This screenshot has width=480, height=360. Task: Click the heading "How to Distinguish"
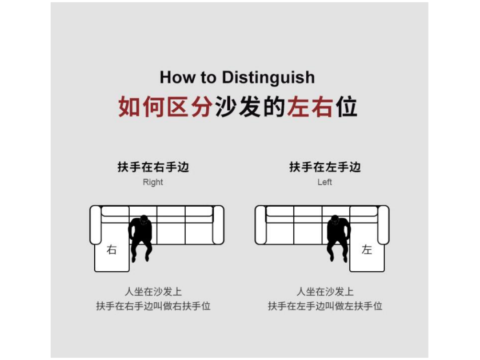tap(237, 77)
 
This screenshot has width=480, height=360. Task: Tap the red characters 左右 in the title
tap(310, 107)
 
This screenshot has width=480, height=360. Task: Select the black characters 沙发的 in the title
tap(250, 107)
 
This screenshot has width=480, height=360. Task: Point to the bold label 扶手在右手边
tap(153, 167)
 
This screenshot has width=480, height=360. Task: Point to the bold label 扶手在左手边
tap(325, 167)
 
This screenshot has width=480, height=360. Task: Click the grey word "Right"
tap(153, 182)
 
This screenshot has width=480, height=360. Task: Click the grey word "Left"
tap(324, 182)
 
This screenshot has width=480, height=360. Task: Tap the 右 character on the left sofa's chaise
tap(112, 250)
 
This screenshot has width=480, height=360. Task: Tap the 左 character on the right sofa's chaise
tap(367, 250)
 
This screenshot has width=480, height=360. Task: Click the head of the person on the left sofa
tap(144, 220)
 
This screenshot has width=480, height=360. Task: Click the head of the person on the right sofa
tap(335, 220)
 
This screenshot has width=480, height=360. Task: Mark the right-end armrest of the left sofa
tap(218, 225)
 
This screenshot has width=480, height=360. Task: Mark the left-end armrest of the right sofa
tap(260, 225)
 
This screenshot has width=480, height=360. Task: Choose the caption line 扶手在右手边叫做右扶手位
tap(153, 306)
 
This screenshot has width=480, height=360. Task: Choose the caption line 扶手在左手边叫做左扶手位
tap(325, 306)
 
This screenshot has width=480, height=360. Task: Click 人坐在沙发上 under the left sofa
tap(153, 292)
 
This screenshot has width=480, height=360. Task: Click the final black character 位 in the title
tap(346, 107)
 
